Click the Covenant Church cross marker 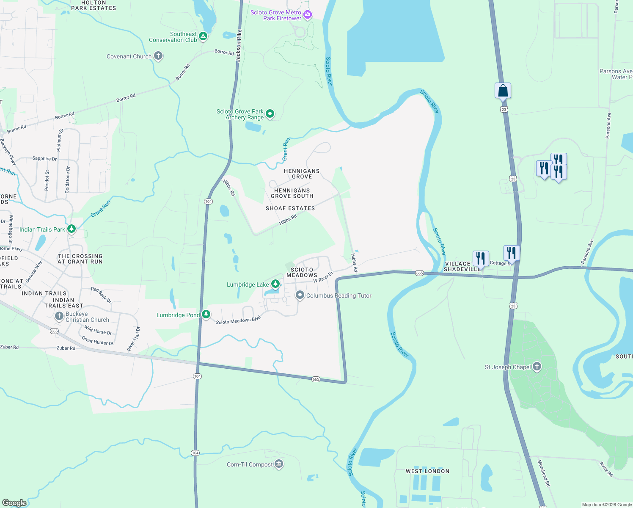158,56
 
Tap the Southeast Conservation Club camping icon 203,36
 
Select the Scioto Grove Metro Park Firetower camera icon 308,15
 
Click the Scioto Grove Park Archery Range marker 270,114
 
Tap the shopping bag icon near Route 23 503,91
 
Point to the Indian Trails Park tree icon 72,229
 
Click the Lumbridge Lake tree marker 275,284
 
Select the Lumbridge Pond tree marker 206,315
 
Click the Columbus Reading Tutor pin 300,295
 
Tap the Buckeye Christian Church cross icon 59,316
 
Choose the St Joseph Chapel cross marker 537,367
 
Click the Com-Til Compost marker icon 278,464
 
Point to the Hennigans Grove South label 292,193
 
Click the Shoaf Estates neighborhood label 290,208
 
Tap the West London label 427,471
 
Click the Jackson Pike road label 239,46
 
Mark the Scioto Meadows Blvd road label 238,321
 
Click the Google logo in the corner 14,503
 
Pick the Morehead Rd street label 544,473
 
